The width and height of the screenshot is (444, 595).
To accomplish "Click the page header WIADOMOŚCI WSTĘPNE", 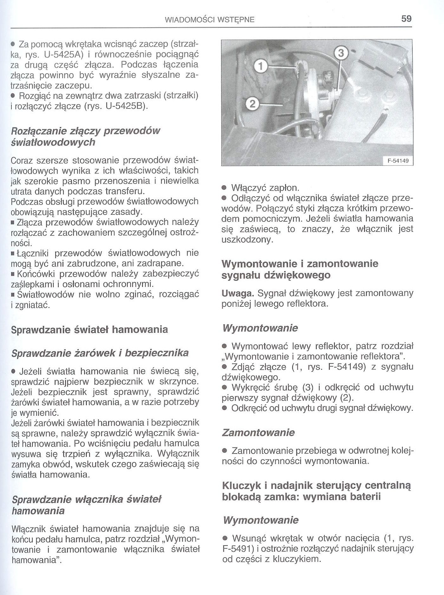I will pyautogui.click(x=210, y=20).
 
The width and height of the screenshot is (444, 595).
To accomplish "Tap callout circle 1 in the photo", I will pyautogui.click(x=260, y=66).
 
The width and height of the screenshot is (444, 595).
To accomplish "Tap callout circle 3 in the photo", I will pyautogui.click(x=341, y=53).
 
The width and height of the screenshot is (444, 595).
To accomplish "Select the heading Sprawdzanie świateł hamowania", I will pyautogui.click(x=89, y=330).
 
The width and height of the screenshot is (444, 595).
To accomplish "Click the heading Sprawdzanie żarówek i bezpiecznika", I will pyautogui.click(x=100, y=353).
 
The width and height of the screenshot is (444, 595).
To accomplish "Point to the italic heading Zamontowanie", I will pyautogui.click(x=258, y=433).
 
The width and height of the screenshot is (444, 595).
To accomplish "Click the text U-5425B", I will pyautogui.click(x=126, y=106).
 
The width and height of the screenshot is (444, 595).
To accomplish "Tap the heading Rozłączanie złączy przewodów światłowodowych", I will pyautogui.click(x=86, y=136).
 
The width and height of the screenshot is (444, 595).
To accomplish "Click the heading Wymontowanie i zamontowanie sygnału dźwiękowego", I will pyautogui.click(x=300, y=269).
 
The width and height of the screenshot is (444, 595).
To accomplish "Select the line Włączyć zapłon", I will pyautogui.click(x=265, y=188).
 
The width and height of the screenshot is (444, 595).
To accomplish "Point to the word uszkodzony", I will pyautogui.click(x=247, y=239).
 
